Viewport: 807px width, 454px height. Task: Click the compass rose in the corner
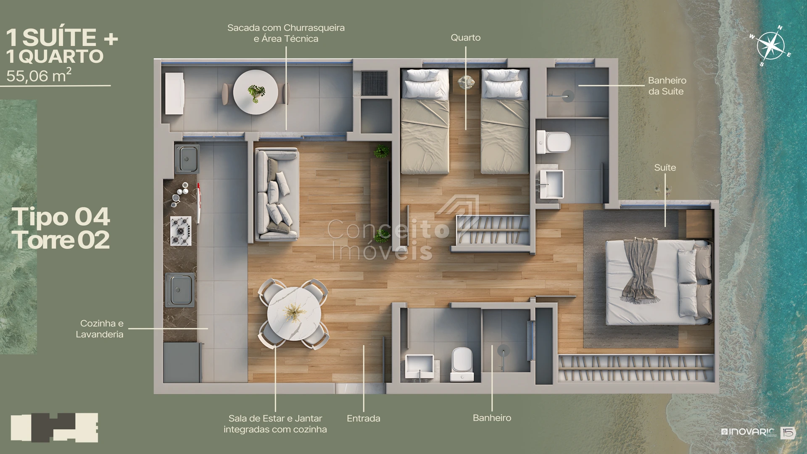pyautogui.click(x=770, y=46)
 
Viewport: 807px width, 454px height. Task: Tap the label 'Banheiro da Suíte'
pyautogui.click(x=667, y=86)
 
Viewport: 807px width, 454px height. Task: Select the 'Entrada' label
pyautogui.click(x=364, y=418)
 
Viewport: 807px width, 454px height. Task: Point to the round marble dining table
pyautogui.click(x=294, y=314)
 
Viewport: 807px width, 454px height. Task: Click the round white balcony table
pyautogui.click(x=256, y=92)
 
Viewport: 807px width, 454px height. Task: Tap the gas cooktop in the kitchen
pyautogui.click(x=181, y=231)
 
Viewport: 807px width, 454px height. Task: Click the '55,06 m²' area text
pyautogui.click(x=39, y=75)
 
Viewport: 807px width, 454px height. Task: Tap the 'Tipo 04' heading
pyautogui.click(x=61, y=217)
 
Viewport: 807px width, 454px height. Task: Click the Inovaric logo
pyautogui.click(x=748, y=432)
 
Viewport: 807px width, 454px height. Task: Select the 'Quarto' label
pyautogui.click(x=466, y=38)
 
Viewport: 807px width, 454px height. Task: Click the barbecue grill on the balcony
pyautogui.click(x=374, y=83)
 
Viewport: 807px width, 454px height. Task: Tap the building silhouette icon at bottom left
pyautogui.click(x=54, y=428)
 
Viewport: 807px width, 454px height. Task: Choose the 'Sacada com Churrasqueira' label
pyautogui.click(x=286, y=28)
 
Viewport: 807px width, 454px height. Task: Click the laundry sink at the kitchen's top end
pyautogui.click(x=187, y=159)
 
